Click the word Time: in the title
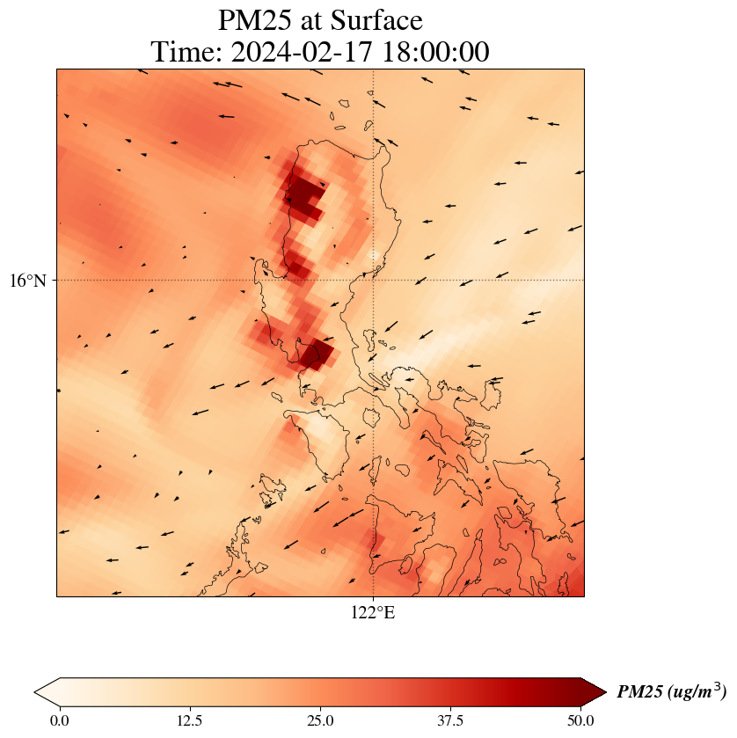pos(187,52)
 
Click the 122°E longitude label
pos(373,613)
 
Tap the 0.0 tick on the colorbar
pos(60,720)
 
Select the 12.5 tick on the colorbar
pos(190,720)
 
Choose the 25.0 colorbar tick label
pos(320,720)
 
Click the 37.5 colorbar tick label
pos(450,720)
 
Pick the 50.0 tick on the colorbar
pos(580,720)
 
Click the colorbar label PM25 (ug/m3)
pos(671,692)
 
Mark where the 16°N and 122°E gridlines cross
pos(374,281)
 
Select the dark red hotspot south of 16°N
pos(315,354)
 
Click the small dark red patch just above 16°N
pos(298,267)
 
